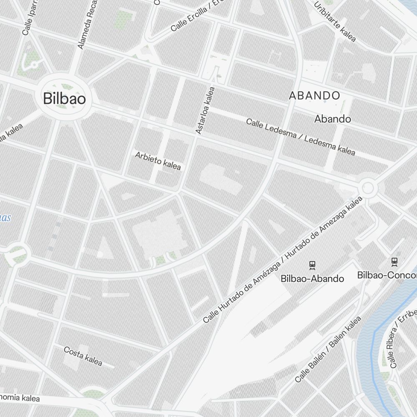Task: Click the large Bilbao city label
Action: click(65, 99)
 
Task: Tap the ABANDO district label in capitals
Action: click(314, 95)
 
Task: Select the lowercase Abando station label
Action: click(332, 119)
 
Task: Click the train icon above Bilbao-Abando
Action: click(312, 264)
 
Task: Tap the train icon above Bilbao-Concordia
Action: click(394, 261)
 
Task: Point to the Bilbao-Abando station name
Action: click(312, 278)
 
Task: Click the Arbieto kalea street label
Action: click(158, 161)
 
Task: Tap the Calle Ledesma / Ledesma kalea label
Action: click(300, 137)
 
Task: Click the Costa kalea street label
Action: click(83, 356)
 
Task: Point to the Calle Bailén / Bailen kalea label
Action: click(328, 349)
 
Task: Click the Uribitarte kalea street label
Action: click(335, 22)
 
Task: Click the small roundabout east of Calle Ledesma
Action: click(368, 188)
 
